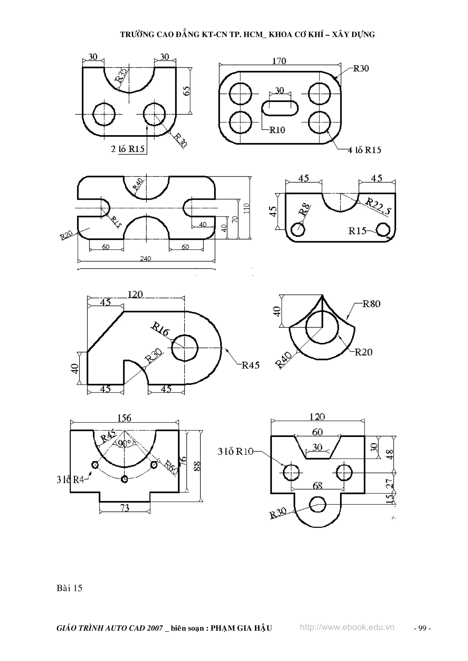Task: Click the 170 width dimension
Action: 279,61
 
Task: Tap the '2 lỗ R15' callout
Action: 128,149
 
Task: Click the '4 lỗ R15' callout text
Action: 364,150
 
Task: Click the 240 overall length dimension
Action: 146,259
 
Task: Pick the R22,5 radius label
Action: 378,206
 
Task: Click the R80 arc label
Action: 371,304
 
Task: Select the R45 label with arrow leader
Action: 250,365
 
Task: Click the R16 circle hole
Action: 185,348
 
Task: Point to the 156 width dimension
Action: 124,418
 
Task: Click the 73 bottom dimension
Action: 125,507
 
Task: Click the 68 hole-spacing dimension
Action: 317,486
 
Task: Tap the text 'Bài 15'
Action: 69,588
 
